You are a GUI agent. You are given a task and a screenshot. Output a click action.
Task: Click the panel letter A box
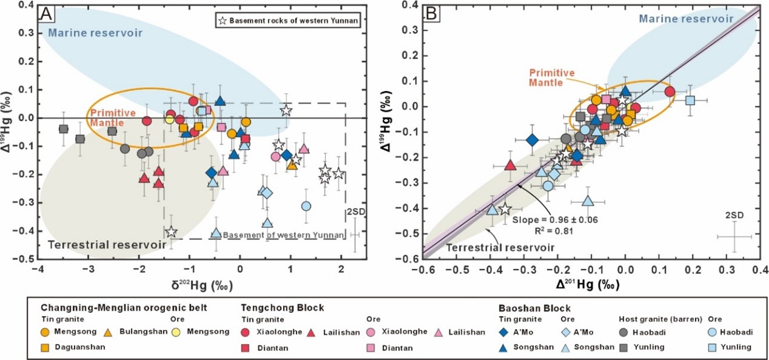click(47, 14)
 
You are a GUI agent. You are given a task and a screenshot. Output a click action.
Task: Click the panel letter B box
click(432, 14)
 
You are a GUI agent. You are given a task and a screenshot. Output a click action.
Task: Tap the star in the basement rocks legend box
click(222, 21)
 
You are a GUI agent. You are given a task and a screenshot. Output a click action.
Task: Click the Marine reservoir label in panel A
click(95, 33)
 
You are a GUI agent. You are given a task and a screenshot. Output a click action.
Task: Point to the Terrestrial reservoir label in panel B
click(500, 247)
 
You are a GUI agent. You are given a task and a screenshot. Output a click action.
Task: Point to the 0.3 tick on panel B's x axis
click(727, 270)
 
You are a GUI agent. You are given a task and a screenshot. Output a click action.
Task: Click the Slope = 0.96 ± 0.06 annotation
click(555, 219)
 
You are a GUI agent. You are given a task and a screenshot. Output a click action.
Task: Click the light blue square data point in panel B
click(690, 101)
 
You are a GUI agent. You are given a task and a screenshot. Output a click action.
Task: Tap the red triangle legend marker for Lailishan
click(311, 332)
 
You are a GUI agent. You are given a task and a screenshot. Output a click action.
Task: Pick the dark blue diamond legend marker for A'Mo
click(504, 332)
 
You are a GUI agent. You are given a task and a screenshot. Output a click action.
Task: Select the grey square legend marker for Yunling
click(624, 347)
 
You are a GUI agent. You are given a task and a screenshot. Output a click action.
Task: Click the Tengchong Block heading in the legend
click(282, 307)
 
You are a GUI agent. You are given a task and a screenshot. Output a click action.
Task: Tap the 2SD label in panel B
click(734, 216)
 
